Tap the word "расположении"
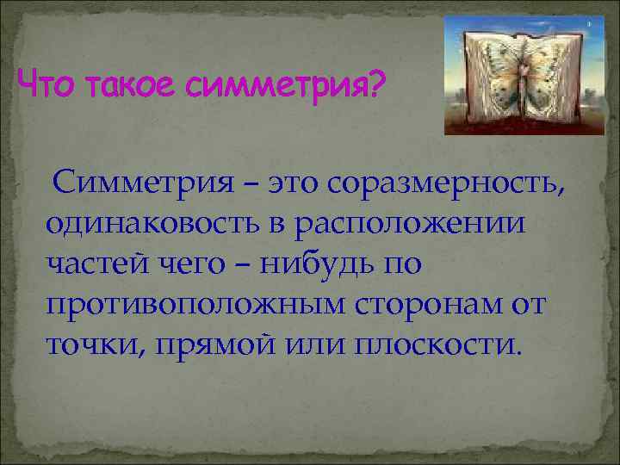(x=409, y=226)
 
